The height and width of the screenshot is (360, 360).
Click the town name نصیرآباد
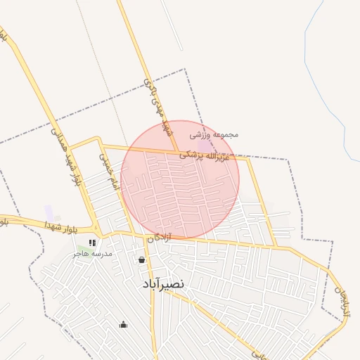click(162, 283)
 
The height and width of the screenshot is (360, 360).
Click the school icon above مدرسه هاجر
click(92, 243)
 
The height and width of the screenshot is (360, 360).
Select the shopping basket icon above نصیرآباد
click(142, 260)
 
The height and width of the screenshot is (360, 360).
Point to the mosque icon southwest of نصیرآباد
click(124, 324)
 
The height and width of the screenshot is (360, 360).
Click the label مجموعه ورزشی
click(214, 134)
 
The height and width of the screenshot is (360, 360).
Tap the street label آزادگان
click(159, 238)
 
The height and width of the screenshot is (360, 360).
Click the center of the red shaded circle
click(180, 180)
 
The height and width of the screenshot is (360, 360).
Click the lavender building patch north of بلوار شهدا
click(49, 211)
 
